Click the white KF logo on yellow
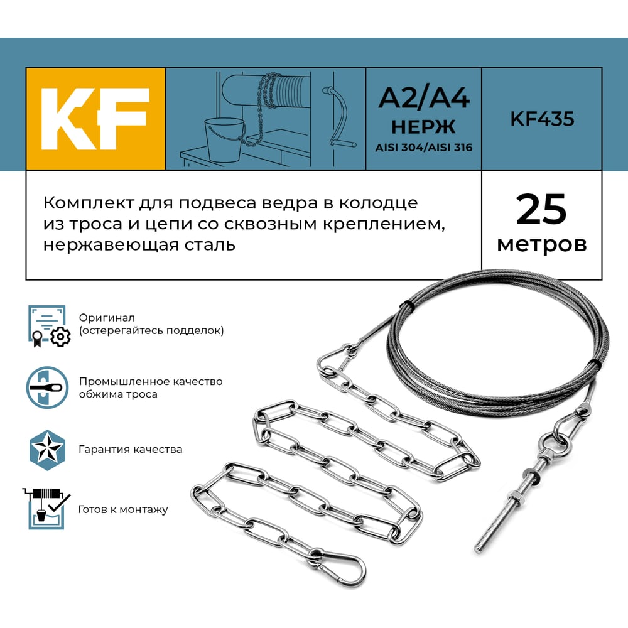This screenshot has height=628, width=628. coord(95,119)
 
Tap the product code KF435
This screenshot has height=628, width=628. coord(542,119)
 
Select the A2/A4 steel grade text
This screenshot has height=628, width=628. coord(424,98)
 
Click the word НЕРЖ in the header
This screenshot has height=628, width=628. coord(423,127)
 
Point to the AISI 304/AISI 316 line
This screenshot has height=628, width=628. coord(424,148)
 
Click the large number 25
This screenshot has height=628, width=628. coord(541,209)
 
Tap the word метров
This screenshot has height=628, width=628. coord(542,244)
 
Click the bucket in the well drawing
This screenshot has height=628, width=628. coord(224,139)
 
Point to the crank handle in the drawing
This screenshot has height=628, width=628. coord(340,116)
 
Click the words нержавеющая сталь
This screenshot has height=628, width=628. coord(139,244)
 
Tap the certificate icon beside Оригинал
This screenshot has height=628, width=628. coord(49,326)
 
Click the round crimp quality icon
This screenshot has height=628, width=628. coord(47,387)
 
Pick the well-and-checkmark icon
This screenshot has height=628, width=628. coord(46,509)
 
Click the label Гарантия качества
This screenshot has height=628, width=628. coord(130,450)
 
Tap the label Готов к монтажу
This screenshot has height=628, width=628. coord(123,509)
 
